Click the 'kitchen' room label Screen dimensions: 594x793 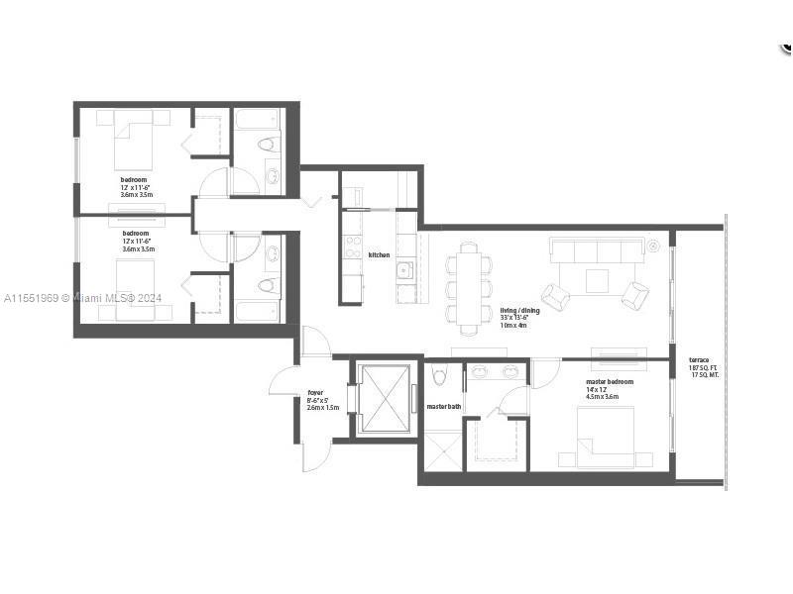click(379, 255)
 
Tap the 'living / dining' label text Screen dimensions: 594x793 click(519, 311)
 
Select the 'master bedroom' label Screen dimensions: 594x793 click(609, 381)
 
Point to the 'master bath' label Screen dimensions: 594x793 click(443, 407)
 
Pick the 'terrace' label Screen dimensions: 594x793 click(699, 360)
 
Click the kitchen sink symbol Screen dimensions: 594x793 click(404, 269)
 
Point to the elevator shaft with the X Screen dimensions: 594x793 click(384, 398)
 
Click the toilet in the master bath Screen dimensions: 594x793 click(440, 374)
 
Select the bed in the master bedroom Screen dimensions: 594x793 click(606, 436)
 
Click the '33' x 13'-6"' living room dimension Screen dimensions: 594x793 click(519, 318)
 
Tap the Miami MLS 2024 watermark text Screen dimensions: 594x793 click(83, 298)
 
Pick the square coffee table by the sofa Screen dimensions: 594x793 click(597, 282)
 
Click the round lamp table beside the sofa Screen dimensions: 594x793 click(654, 244)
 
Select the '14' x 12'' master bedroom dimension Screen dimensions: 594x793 click(601, 389)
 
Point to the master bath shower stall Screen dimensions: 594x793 click(442, 450)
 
